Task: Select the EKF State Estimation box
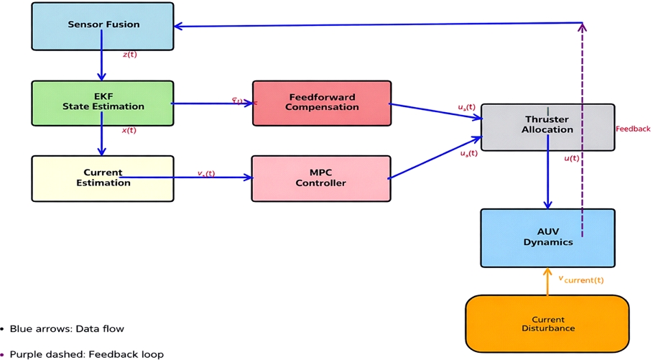point(103,102)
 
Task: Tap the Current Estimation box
point(103,178)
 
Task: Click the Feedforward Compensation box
point(322,103)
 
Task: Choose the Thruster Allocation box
point(548,126)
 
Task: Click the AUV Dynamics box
point(547,237)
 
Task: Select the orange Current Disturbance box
point(547,324)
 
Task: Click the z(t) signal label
point(129,55)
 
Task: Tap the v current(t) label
point(582,279)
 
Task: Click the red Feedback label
point(633,129)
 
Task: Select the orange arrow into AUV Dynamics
point(547,282)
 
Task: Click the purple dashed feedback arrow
point(583,129)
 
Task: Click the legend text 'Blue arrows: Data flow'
point(67,329)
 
